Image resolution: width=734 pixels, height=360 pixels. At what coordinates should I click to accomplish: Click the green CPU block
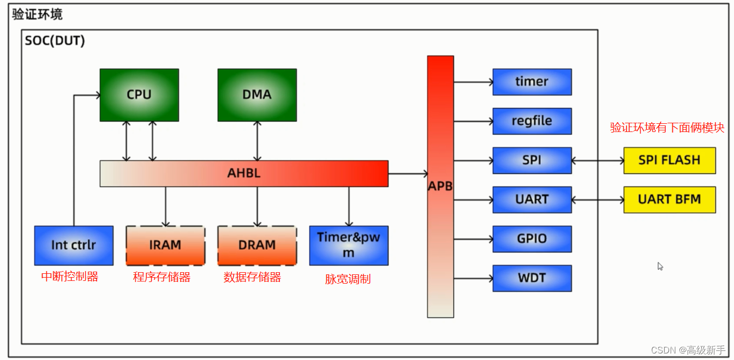click(x=139, y=95)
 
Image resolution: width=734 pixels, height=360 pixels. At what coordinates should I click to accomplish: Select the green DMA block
click(x=257, y=95)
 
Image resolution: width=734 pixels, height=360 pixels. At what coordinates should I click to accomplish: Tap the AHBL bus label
click(x=244, y=173)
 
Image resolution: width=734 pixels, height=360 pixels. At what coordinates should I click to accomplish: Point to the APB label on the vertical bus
click(x=440, y=186)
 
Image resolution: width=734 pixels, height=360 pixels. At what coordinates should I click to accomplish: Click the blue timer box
click(x=532, y=82)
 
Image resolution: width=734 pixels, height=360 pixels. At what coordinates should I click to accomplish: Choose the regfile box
click(x=532, y=121)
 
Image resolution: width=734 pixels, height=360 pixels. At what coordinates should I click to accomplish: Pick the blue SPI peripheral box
click(x=532, y=160)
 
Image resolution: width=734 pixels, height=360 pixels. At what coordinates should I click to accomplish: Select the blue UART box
click(x=532, y=200)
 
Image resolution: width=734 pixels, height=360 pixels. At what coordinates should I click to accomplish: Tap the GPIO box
click(x=532, y=239)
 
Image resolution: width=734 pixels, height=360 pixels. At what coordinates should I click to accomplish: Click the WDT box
click(x=532, y=278)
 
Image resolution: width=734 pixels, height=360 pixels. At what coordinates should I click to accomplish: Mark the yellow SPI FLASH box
click(x=670, y=160)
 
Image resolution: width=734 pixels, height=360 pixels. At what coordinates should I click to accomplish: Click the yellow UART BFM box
click(x=670, y=200)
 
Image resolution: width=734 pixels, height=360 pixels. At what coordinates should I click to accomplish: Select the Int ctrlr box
click(x=74, y=245)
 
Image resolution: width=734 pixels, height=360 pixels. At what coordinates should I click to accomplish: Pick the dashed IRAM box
click(x=165, y=245)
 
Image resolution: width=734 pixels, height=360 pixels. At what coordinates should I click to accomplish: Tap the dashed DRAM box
click(x=257, y=245)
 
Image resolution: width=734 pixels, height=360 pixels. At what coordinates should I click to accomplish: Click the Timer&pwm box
click(x=349, y=245)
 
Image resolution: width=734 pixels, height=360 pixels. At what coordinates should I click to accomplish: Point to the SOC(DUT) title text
click(x=55, y=40)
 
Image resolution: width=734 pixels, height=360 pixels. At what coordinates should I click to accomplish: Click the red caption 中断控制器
click(x=70, y=277)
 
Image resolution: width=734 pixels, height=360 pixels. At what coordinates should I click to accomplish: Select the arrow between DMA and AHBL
click(x=257, y=141)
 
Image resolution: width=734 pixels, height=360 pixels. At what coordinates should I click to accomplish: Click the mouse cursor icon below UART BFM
click(x=660, y=266)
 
